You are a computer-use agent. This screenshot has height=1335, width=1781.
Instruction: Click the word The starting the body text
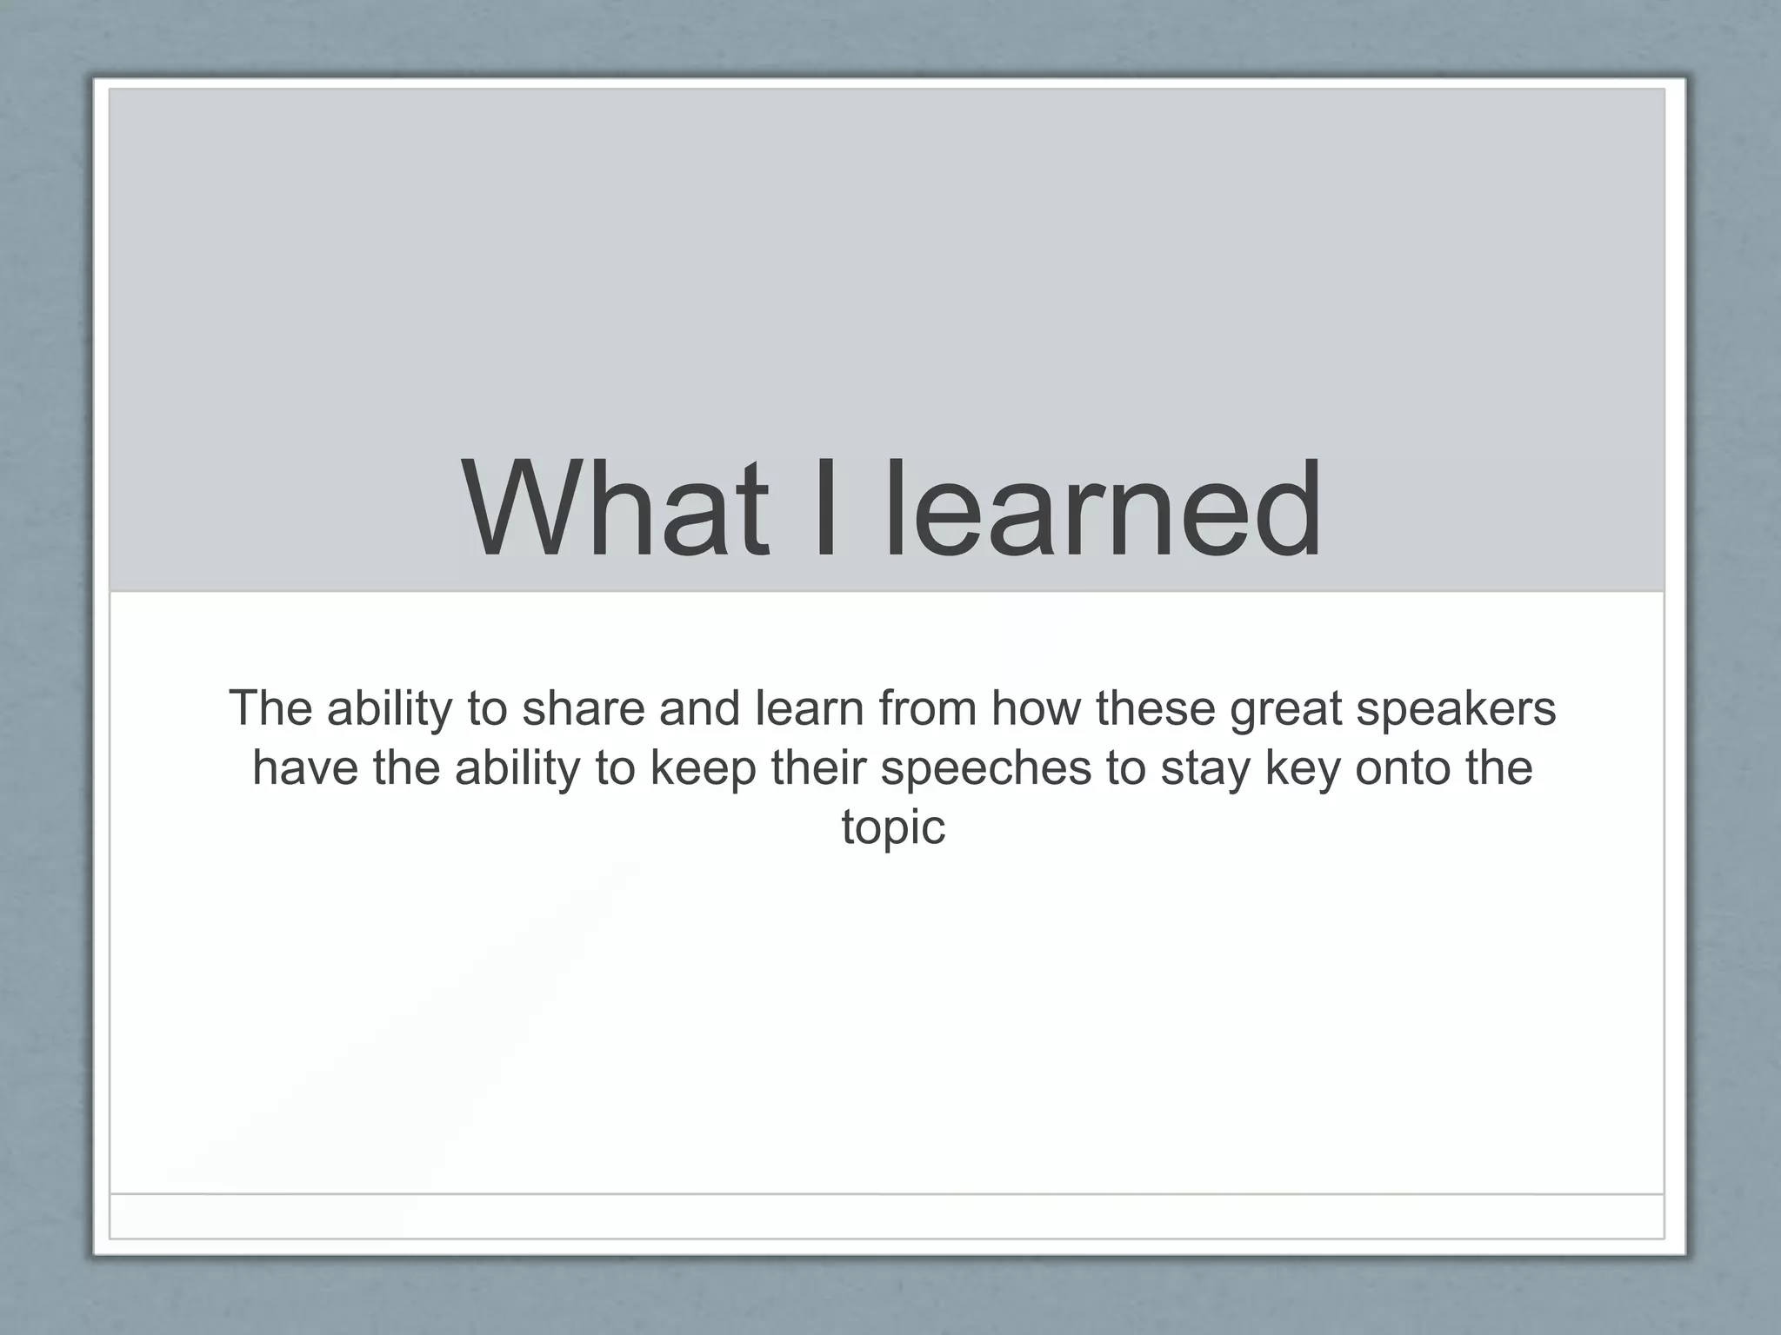(x=270, y=708)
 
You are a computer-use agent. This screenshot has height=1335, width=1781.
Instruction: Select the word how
(x=1037, y=708)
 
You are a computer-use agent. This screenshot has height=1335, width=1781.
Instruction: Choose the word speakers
(x=1456, y=710)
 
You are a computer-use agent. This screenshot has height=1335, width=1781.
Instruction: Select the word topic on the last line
(x=892, y=828)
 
